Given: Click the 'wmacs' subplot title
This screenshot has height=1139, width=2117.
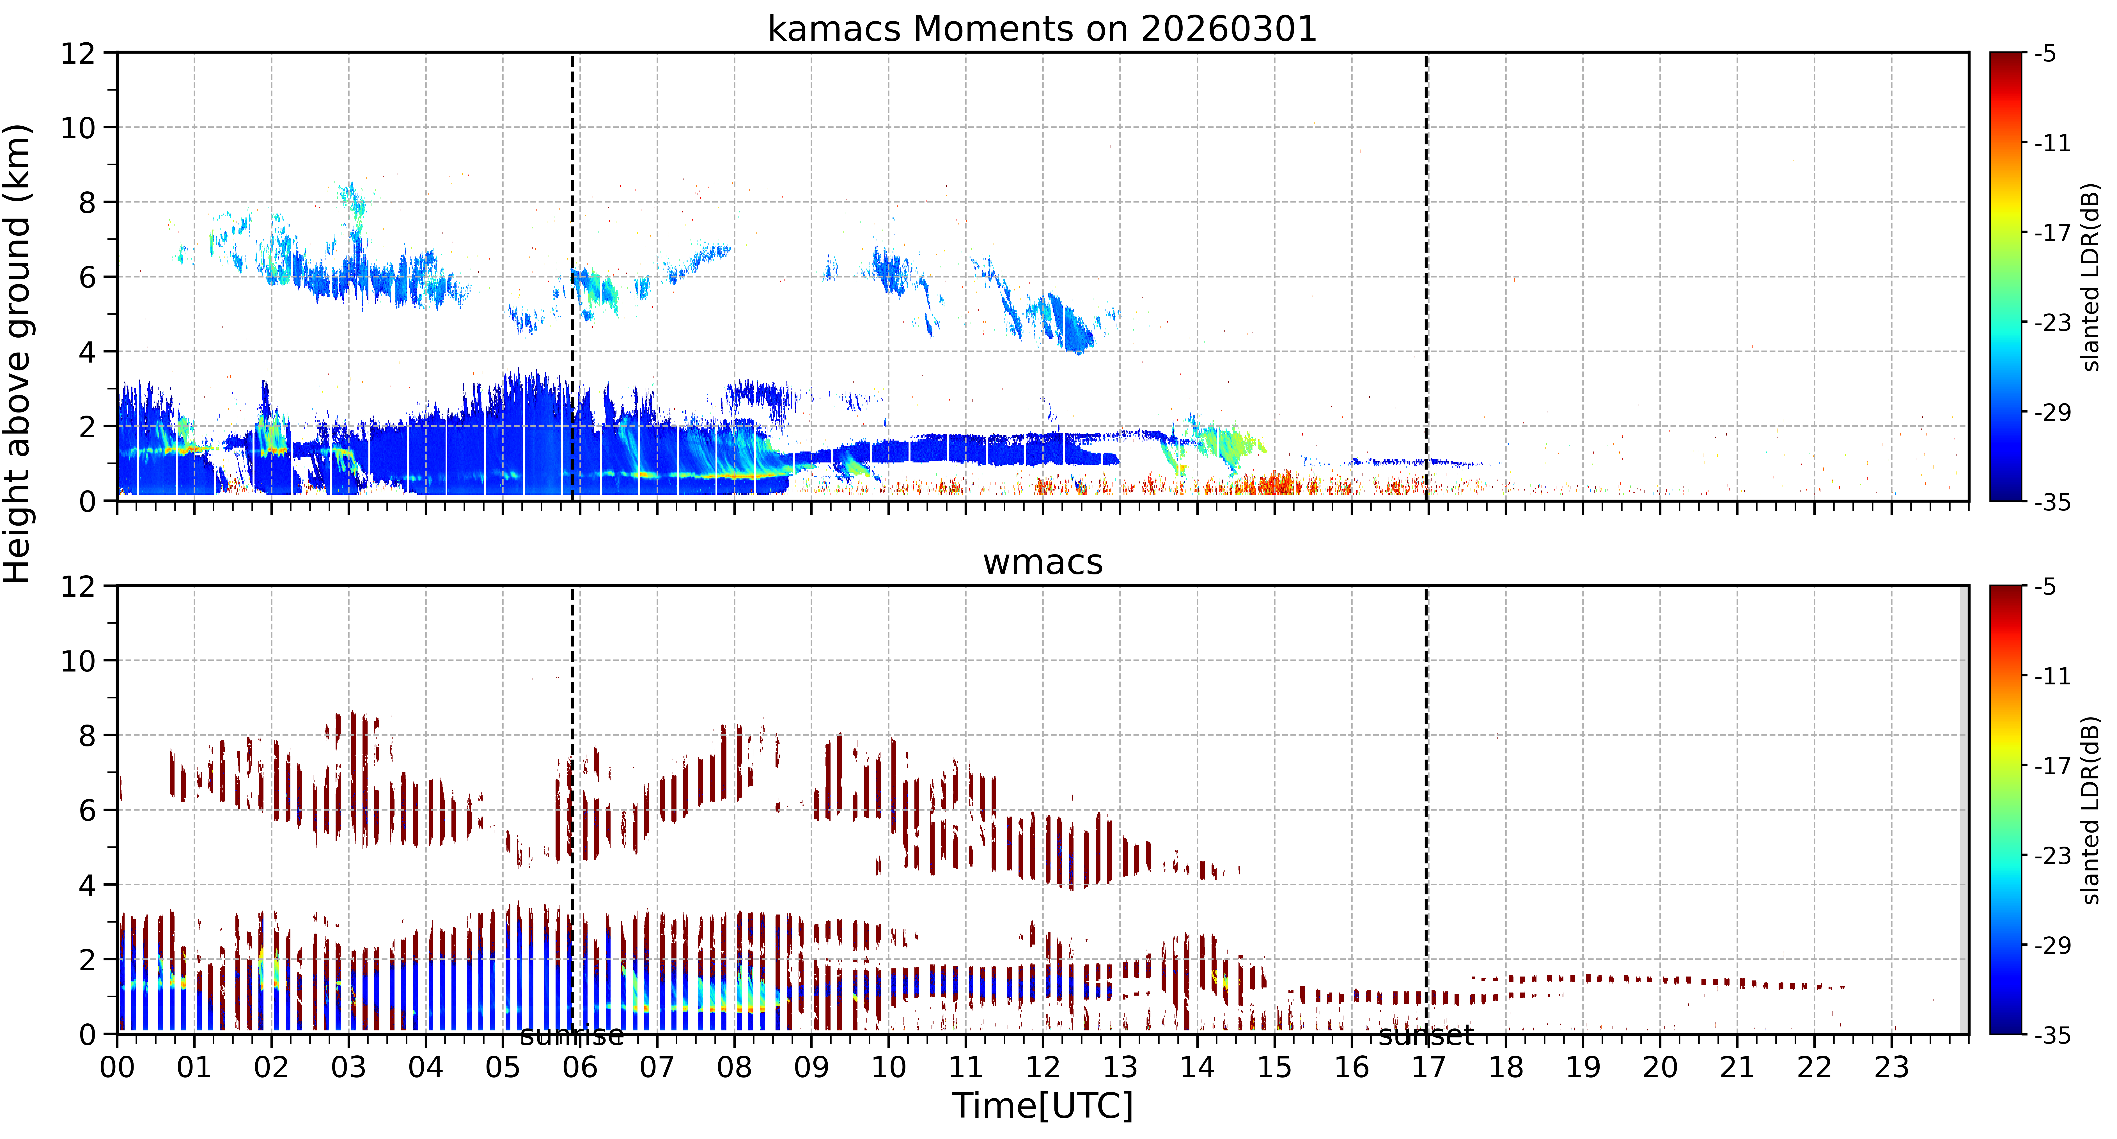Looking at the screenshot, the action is (x=1043, y=562).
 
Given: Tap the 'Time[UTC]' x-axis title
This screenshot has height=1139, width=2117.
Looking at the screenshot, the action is (x=1042, y=1105).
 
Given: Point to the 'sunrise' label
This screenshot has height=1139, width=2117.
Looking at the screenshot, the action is (x=572, y=1035).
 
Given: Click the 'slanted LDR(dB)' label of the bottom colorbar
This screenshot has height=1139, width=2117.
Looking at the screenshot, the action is (x=2091, y=810).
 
